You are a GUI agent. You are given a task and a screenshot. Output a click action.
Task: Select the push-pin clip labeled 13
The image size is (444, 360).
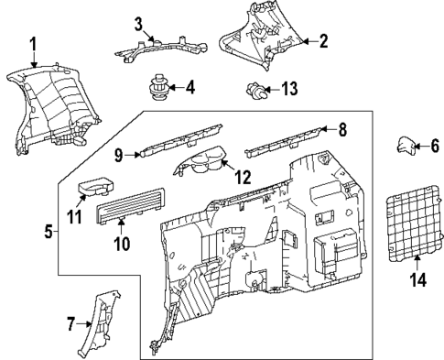pos(257,91)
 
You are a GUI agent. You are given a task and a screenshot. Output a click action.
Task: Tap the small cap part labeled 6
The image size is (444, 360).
pos(405,144)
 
